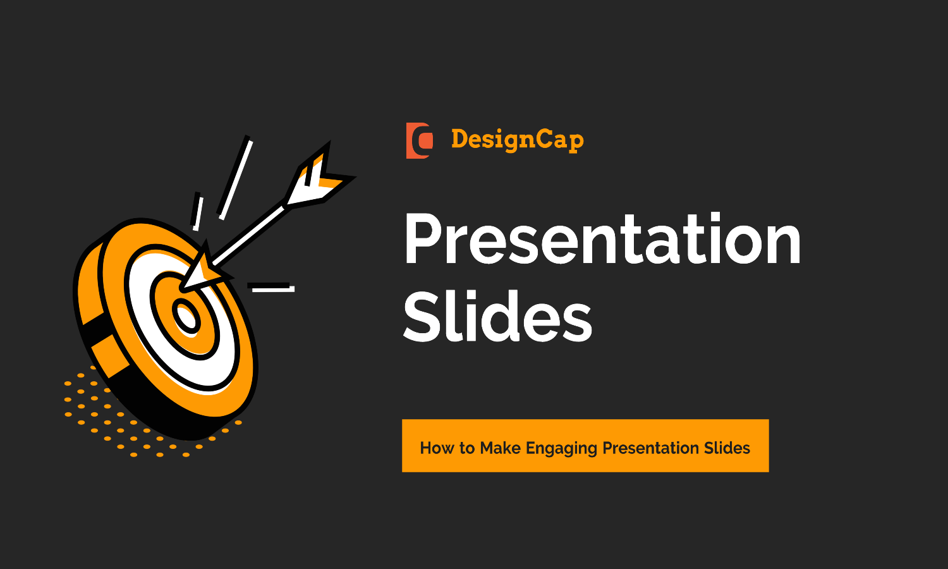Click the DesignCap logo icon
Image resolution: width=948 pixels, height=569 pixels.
(419, 140)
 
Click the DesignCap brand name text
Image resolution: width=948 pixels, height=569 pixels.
(517, 140)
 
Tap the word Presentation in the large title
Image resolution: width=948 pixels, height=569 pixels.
(602, 239)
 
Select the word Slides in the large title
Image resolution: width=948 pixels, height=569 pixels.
(497, 316)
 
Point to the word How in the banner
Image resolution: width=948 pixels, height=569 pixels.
(437, 448)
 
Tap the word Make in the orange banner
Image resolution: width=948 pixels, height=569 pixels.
(500, 448)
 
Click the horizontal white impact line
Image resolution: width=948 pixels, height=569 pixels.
(272, 288)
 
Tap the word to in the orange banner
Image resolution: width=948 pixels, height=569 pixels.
(467, 448)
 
